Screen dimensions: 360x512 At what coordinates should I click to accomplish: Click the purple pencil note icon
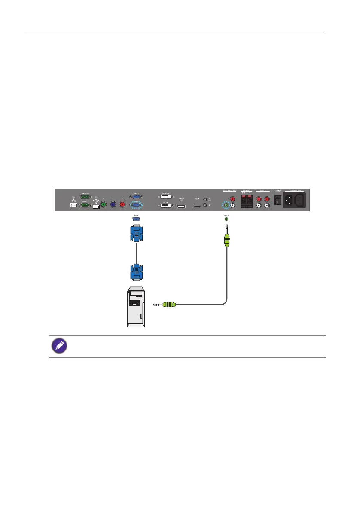point(59,347)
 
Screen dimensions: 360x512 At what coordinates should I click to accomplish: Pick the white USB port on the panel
point(96,207)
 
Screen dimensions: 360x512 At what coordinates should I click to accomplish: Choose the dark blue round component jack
point(113,205)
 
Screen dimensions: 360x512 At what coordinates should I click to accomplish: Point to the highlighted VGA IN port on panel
point(136,204)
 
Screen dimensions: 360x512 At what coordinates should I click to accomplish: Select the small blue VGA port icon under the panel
point(136,219)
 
